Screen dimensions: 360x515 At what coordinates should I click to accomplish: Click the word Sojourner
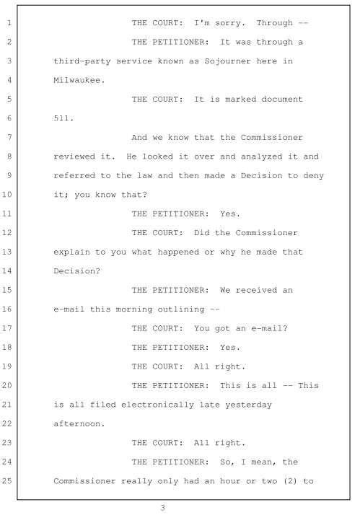[x=227, y=61]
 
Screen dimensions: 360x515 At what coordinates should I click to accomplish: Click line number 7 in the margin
[x=9, y=137]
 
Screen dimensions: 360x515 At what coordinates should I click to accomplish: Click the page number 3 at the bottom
[x=162, y=508]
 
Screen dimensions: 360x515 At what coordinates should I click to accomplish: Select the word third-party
[x=82, y=61]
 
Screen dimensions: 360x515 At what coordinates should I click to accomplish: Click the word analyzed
[x=261, y=157]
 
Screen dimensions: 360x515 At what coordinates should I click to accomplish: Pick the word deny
[x=313, y=176]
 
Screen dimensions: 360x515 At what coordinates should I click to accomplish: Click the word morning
[x=134, y=309]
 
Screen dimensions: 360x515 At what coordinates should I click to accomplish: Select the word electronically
[x=157, y=405]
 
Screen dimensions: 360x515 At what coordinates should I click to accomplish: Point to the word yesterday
[x=248, y=405]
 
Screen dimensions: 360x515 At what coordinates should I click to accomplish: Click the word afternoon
[x=79, y=423]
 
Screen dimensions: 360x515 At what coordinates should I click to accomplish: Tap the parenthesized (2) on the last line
[x=290, y=481]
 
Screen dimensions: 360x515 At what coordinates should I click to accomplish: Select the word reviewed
[x=74, y=157]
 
